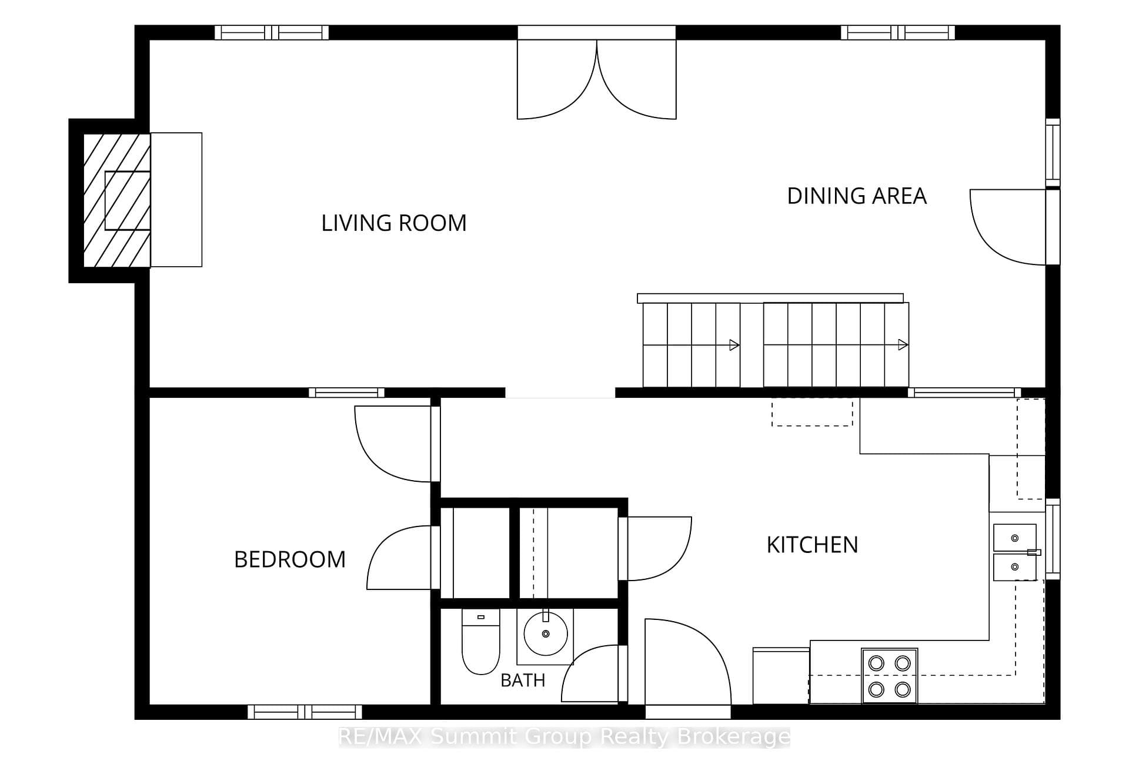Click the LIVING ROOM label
(x=393, y=223)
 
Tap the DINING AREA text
(x=857, y=196)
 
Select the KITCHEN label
(x=812, y=545)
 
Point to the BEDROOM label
(x=290, y=559)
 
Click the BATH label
(x=523, y=680)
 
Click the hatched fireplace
(x=116, y=200)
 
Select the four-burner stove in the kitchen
(x=890, y=676)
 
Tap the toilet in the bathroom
(x=480, y=642)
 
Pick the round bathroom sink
(x=546, y=634)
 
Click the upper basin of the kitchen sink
(x=1015, y=538)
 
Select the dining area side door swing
(x=1008, y=227)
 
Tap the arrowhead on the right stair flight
(x=903, y=345)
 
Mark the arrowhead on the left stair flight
(x=734, y=345)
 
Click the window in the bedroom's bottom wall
(x=305, y=712)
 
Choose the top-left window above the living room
(x=271, y=32)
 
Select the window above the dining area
(x=898, y=32)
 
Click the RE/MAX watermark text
(x=564, y=736)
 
